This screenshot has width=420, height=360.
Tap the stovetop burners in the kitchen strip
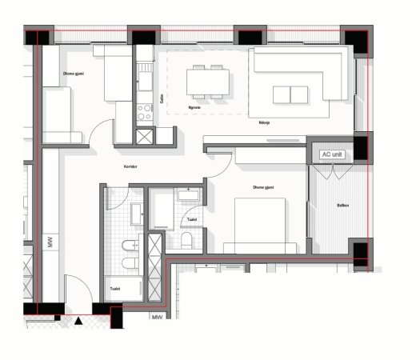[x=144, y=111]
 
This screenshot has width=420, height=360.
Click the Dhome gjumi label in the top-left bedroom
[x=74, y=74]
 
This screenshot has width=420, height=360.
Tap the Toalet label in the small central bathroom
[x=192, y=218]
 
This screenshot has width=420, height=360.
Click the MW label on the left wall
[x=50, y=242]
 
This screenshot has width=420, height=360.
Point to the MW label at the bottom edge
[x=158, y=318]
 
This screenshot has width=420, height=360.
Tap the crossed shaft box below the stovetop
[x=144, y=136]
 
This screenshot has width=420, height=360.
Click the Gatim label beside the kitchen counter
[x=161, y=99]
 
